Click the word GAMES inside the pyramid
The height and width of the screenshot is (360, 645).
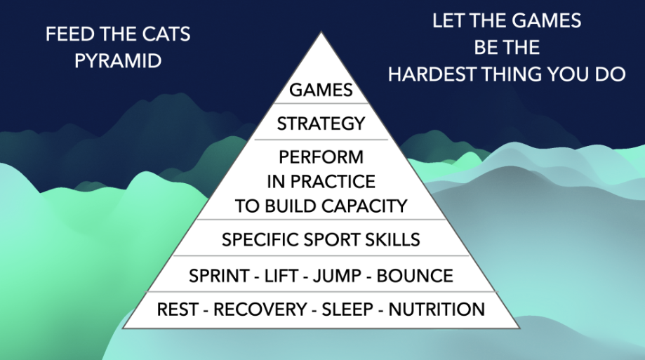[321, 90]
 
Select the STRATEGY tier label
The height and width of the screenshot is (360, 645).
[321, 124]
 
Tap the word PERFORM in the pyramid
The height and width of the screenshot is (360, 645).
[321, 156]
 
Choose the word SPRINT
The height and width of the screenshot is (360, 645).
[219, 276]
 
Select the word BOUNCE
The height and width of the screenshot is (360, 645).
[415, 276]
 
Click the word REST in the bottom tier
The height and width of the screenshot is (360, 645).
[178, 309]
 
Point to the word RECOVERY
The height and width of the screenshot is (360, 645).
[260, 309]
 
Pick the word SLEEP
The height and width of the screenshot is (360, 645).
[347, 309]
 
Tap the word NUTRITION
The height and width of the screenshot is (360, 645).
[437, 309]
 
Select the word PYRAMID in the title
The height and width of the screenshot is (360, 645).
[118, 61]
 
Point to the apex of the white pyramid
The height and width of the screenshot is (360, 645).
[321, 33]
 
